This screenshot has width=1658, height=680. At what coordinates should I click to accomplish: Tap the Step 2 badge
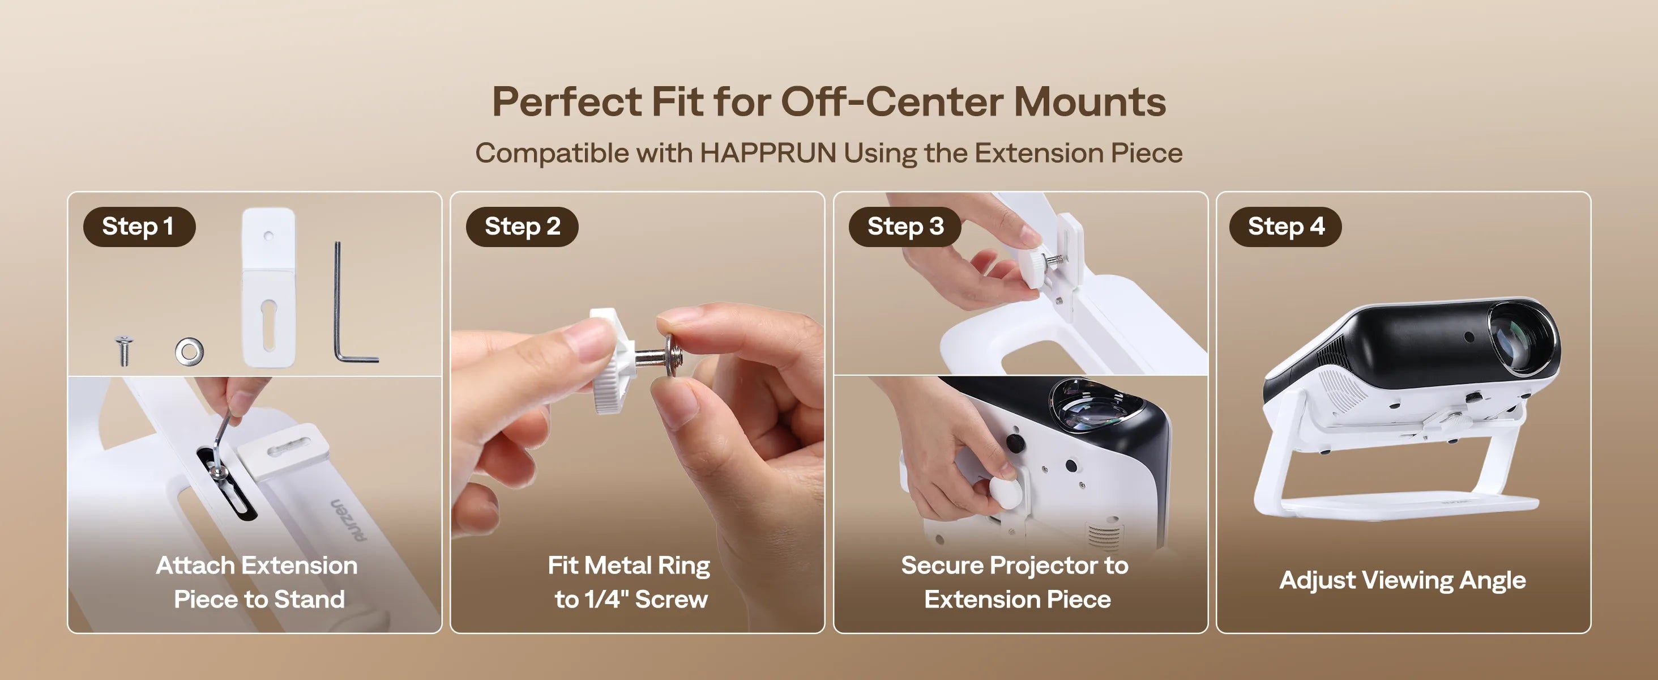click(522, 227)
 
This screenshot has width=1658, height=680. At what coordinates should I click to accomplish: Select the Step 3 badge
click(905, 227)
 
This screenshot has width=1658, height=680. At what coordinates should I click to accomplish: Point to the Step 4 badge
click(1285, 227)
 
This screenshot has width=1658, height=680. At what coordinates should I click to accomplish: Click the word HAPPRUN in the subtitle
click(768, 153)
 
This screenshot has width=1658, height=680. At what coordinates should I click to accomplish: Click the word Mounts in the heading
click(1089, 102)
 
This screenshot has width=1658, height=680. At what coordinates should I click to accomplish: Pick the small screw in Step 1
click(123, 350)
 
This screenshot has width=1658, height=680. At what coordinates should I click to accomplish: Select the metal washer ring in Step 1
click(189, 351)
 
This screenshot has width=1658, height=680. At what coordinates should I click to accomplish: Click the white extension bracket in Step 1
click(268, 287)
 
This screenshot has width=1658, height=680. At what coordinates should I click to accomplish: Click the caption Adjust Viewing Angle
click(1403, 580)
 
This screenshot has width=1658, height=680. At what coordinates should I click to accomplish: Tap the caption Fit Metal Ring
click(629, 566)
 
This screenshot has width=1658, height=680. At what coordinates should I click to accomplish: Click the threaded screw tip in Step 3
click(1057, 260)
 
